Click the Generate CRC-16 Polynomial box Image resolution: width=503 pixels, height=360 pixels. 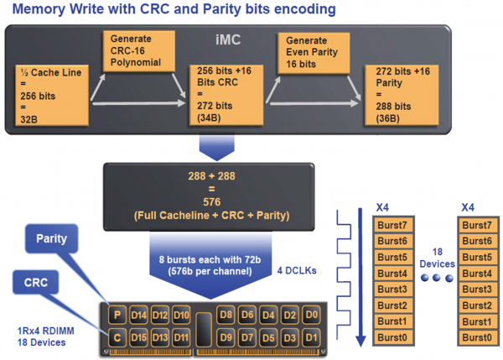(x=139, y=51)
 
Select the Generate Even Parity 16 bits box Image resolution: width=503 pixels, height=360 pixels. (x=314, y=53)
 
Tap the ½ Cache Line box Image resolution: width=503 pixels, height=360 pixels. (x=52, y=95)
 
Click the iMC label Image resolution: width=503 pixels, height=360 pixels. (x=228, y=39)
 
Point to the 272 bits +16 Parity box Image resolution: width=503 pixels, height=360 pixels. (x=402, y=95)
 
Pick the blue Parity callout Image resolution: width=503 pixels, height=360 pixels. (x=52, y=238)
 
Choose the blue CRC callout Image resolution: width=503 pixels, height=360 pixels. (x=36, y=282)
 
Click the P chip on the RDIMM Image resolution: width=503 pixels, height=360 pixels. (x=117, y=315)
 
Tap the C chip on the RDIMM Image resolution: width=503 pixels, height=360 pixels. (x=117, y=337)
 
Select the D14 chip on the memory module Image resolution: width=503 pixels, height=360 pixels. (x=138, y=315)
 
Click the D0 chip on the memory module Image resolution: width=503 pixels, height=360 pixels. (x=311, y=315)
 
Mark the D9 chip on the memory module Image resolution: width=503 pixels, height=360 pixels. (x=226, y=337)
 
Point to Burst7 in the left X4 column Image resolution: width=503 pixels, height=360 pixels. (x=392, y=225)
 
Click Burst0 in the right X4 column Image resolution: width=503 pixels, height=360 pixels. (x=477, y=337)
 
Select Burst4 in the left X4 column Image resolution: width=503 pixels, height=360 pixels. (x=392, y=274)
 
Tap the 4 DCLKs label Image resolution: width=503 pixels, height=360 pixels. (x=297, y=271)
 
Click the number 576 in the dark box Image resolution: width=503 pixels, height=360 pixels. (x=212, y=202)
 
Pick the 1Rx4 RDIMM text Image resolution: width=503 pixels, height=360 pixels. (x=45, y=331)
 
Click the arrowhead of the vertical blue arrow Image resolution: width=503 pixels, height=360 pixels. (x=360, y=341)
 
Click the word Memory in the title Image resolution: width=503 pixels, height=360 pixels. (x=39, y=9)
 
